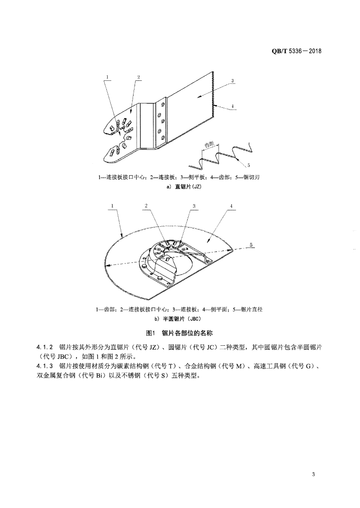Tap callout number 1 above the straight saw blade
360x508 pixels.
coord(107,77)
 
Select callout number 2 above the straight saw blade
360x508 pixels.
coord(139,77)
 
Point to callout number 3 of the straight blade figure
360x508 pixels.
coord(232,81)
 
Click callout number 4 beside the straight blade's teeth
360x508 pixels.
coord(232,105)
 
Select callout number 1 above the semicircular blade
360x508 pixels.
coord(112,205)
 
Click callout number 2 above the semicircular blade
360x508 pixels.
coord(146,205)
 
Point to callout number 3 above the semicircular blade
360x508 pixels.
coord(194,205)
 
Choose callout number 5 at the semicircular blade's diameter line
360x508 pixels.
coord(251,245)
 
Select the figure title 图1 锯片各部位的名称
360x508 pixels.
coord(180,333)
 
